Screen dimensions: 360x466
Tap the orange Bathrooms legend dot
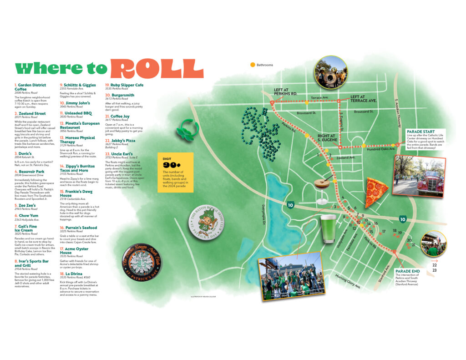tap(253, 65)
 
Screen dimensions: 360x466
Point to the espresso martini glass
tap(322, 188)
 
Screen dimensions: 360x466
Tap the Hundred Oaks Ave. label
tap(381, 149)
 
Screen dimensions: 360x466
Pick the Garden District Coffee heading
tap(30, 87)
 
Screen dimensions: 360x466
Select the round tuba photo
tap(331, 72)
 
